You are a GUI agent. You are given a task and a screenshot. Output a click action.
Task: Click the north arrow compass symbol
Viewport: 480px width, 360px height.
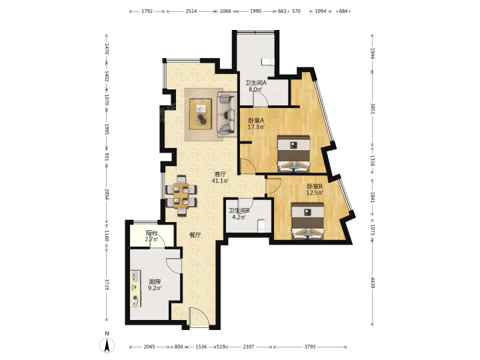(x=107, y=343)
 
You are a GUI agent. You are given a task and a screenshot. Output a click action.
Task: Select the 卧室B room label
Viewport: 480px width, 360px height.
(x=315, y=186)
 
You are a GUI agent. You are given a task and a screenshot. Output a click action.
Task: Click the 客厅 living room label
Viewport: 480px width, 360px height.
(x=220, y=174)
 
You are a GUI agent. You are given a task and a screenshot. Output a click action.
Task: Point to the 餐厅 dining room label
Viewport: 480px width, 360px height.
(x=195, y=235)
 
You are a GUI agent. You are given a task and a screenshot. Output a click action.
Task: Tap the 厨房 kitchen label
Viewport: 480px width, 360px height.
(x=155, y=281)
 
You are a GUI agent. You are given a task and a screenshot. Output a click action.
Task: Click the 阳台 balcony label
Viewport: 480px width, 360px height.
(x=151, y=233)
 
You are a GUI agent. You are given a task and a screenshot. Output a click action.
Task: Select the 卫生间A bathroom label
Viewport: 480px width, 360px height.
(x=255, y=83)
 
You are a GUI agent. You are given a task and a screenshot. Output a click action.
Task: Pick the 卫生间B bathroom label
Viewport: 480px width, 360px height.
(x=239, y=211)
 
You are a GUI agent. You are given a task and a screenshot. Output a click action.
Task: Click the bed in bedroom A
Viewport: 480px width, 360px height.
(x=293, y=154)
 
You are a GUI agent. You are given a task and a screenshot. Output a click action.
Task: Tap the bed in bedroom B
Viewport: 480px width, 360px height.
(x=307, y=221)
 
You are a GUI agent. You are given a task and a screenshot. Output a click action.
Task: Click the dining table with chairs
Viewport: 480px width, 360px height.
(x=181, y=195)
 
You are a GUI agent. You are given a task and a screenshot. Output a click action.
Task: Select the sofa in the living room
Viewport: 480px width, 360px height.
(x=227, y=115)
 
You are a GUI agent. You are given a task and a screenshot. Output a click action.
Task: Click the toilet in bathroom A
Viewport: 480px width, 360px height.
(x=268, y=62)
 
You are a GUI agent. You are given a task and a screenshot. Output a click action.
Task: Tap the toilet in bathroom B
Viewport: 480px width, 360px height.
(x=261, y=226)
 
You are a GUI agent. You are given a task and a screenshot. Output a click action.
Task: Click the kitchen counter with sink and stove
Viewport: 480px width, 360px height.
(x=135, y=289)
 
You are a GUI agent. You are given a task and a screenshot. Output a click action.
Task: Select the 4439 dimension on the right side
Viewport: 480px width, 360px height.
(x=372, y=283)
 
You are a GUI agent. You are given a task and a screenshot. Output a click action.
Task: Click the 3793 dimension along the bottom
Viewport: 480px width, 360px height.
(x=310, y=347)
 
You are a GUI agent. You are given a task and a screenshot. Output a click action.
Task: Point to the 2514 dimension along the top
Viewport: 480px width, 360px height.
(x=191, y=11)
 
